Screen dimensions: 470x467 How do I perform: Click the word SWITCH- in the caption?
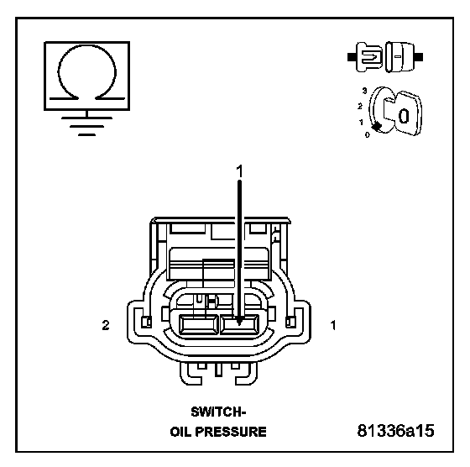pyautogui.click(x=218, y=412)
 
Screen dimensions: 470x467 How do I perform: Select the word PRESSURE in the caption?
pyautogui.click(x=231, y=432)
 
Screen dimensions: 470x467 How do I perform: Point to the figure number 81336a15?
pyautogui.click(x=395, y=431)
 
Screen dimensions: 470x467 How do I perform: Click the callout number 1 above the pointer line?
pyautogui.click(x=239, y=171)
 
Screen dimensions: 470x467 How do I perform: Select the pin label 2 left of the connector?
pyautogui.click(x=106, y=325)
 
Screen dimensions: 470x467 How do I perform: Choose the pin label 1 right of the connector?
pyautogui.click(x=333, y=325)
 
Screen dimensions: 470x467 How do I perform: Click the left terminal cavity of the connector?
pyautogui.click(x=198, y=324)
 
